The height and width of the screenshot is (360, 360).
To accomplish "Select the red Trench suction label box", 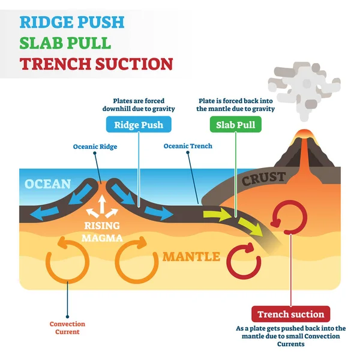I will point(290,314).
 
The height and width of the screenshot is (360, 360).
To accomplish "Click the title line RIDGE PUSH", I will point(72,23).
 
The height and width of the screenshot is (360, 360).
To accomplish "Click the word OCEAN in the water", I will point(48,184).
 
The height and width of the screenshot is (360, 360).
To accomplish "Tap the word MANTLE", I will point(191,257).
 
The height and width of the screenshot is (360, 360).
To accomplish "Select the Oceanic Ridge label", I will point(95,146).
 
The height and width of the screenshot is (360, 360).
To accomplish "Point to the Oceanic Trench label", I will point(188,146).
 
